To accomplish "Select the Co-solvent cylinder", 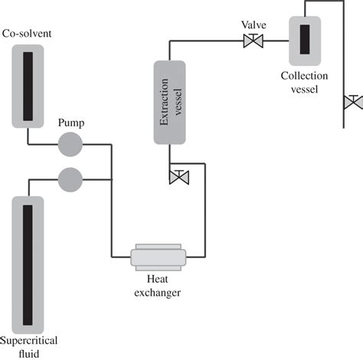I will coord(28,84).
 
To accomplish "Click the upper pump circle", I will coord(70,143).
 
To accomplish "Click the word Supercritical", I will coord(29,340).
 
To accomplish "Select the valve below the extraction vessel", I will coord(178,177).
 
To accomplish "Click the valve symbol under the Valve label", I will coord(250,41).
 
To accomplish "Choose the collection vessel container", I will coord(304,41).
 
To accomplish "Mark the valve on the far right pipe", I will coord(353,102).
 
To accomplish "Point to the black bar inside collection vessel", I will coord(304,41).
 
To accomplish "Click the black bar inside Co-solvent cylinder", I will coord(28,85).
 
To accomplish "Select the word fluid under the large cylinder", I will coord(28,353).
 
